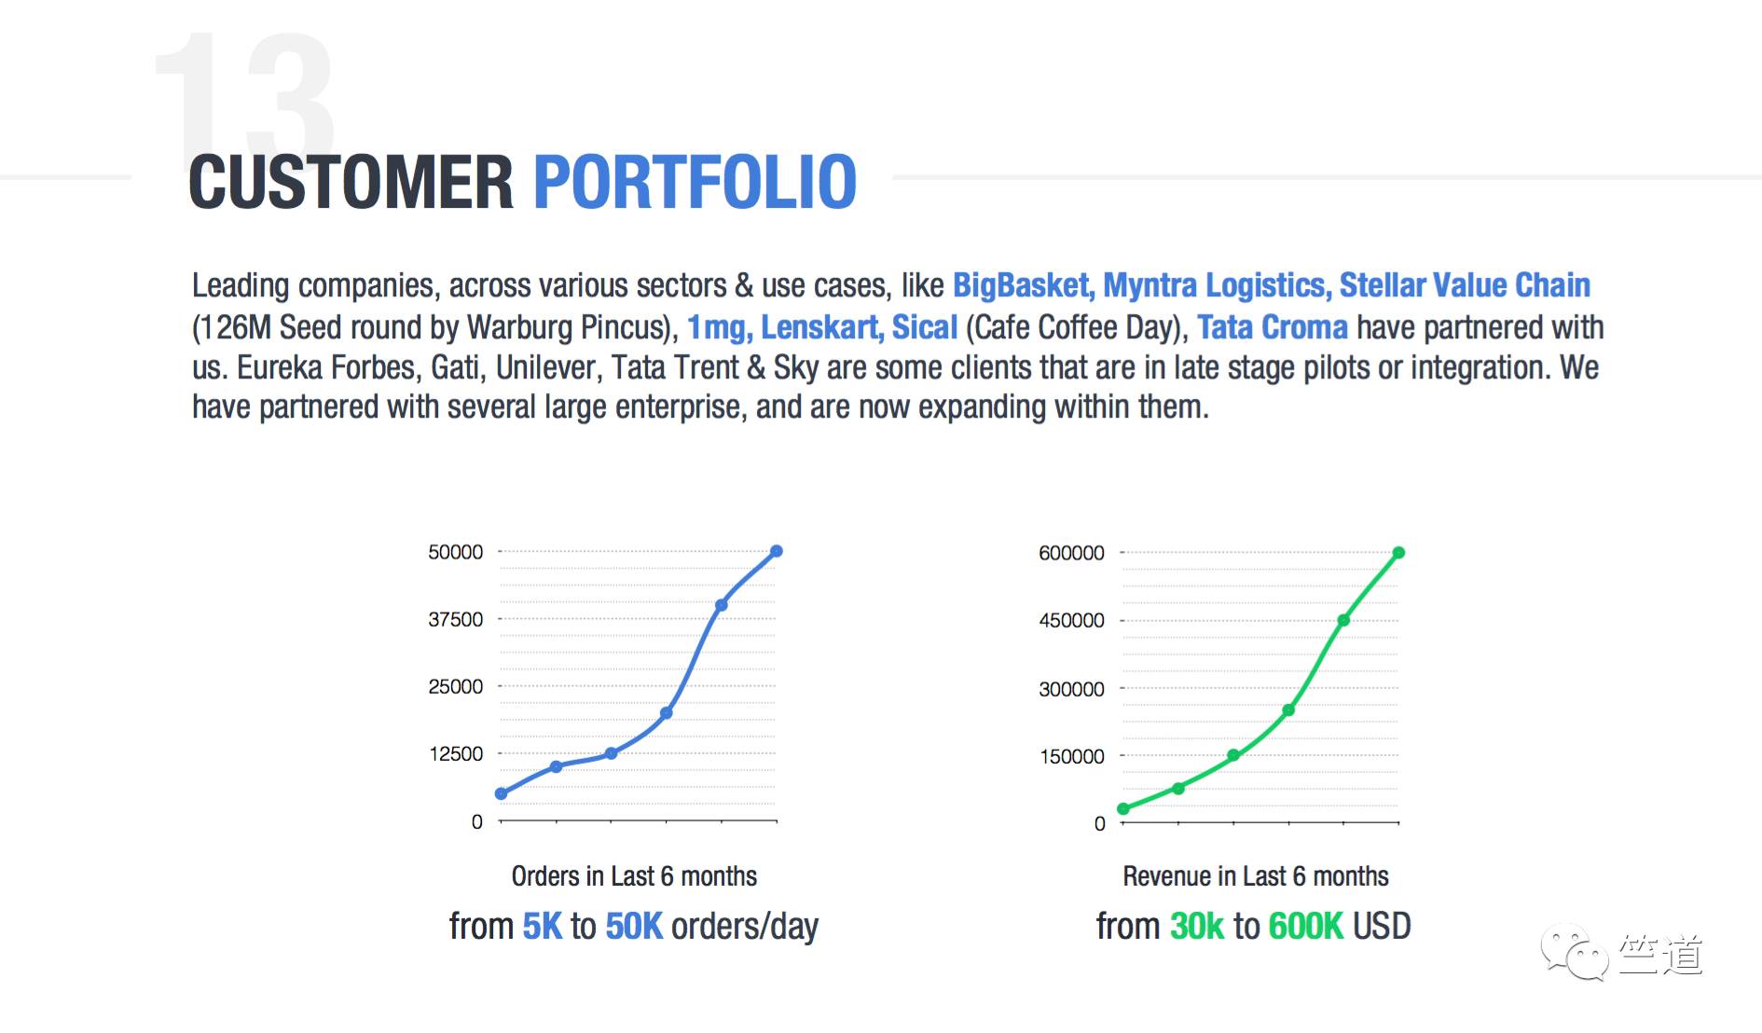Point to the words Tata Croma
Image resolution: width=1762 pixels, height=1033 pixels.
(1273, 327)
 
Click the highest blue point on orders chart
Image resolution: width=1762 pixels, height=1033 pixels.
(777, 551)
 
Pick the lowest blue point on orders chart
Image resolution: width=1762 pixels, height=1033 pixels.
(501, 793)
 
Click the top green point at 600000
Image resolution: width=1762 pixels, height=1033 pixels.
(1398, 553)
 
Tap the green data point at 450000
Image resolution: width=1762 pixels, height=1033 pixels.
(1343, 620)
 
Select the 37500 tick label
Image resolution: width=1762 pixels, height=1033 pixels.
(456, 620)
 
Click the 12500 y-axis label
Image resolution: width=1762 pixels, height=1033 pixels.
(456, 754)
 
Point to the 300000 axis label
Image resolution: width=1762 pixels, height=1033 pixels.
(1071, 689)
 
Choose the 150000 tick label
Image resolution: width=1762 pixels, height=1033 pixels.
(1072, 756)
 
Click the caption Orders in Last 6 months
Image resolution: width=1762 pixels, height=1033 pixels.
(634, 876)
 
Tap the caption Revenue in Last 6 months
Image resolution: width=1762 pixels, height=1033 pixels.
(1256, 876)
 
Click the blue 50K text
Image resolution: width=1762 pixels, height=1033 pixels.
(634, 927)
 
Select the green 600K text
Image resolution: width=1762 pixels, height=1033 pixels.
(1305, 927)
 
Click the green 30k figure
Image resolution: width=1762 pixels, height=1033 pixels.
(1197, 927)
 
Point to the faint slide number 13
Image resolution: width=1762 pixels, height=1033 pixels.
(244, 98)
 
